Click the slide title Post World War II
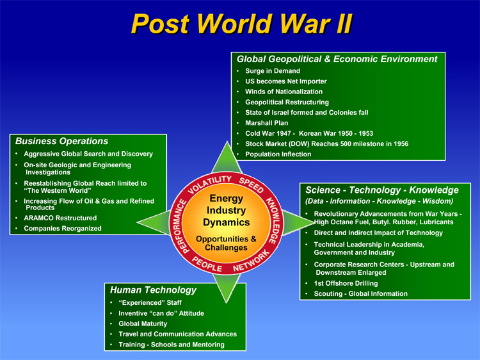coord(242,24)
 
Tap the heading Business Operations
coord(62,141)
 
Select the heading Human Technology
coord(153,290)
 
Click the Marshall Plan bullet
coord(267,123)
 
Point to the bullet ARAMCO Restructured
coord(60,218)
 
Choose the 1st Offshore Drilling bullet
coord(346,283)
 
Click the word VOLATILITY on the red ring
coord(210,184)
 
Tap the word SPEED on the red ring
coord(252,184)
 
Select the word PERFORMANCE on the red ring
coord(180,226)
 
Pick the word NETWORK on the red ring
coord(251,261)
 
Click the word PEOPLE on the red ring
coord(207,264)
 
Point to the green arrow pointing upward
coord(227,158)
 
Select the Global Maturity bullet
coord(143,323)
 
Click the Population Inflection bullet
coord(278,154)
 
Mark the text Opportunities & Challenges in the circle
coord(226,243)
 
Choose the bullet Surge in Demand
coord(273,70)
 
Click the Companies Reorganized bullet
coord(63,228)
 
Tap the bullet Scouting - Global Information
coord(360,293)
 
